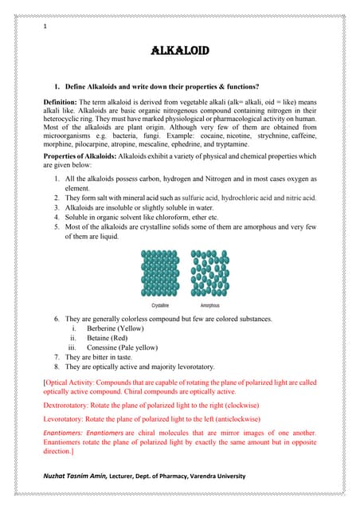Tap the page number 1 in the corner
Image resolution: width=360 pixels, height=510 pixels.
tap(45, 28)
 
